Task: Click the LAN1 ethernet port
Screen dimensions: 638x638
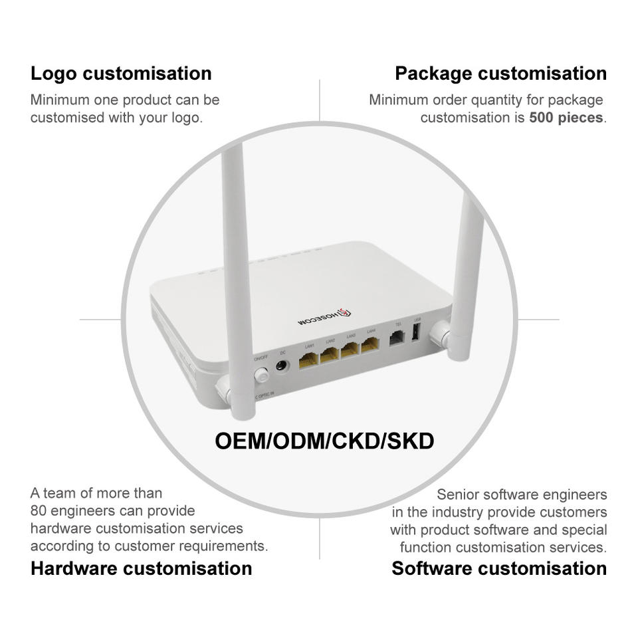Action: pos(308,361)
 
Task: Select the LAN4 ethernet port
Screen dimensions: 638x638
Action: pos(370,345)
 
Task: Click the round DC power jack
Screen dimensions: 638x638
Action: pos(282,366)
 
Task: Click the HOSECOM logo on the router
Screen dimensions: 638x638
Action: pos(324,316)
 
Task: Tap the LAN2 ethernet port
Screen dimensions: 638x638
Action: pos(329,356)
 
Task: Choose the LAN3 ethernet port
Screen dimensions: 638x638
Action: pos(350,350)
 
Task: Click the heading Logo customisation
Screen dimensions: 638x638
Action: pos(121,73)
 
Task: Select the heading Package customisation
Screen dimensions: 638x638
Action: pos(500,73)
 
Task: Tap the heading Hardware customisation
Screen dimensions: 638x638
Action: pos(141,568)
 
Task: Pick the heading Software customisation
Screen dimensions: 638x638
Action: pos(499,568)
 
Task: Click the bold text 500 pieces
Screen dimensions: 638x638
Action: pos(566,118)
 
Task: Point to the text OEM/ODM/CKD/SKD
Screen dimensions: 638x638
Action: pos(324,441)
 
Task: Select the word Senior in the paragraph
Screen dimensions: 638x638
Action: pos(458,495)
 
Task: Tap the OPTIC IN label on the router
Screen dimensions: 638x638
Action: pos(265,394)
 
